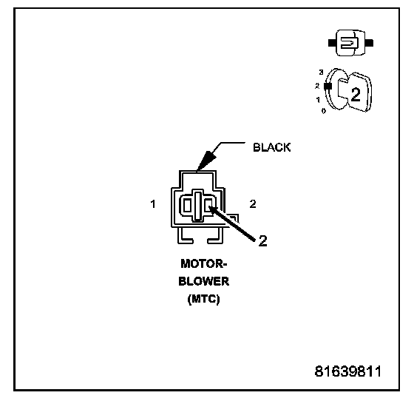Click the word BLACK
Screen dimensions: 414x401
(x=272, y=147)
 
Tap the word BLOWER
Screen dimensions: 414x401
(x=204, y=281)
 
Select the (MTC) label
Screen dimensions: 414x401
(x=203, y=299)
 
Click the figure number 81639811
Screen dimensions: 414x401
(x=348, y=371)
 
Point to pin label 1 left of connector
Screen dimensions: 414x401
(x=153, y=204)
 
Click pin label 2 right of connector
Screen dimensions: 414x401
(x=253, y=204)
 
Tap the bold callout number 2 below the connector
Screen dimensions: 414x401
(x=262, y=240)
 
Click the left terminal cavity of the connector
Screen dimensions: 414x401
(x=187, y=206)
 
